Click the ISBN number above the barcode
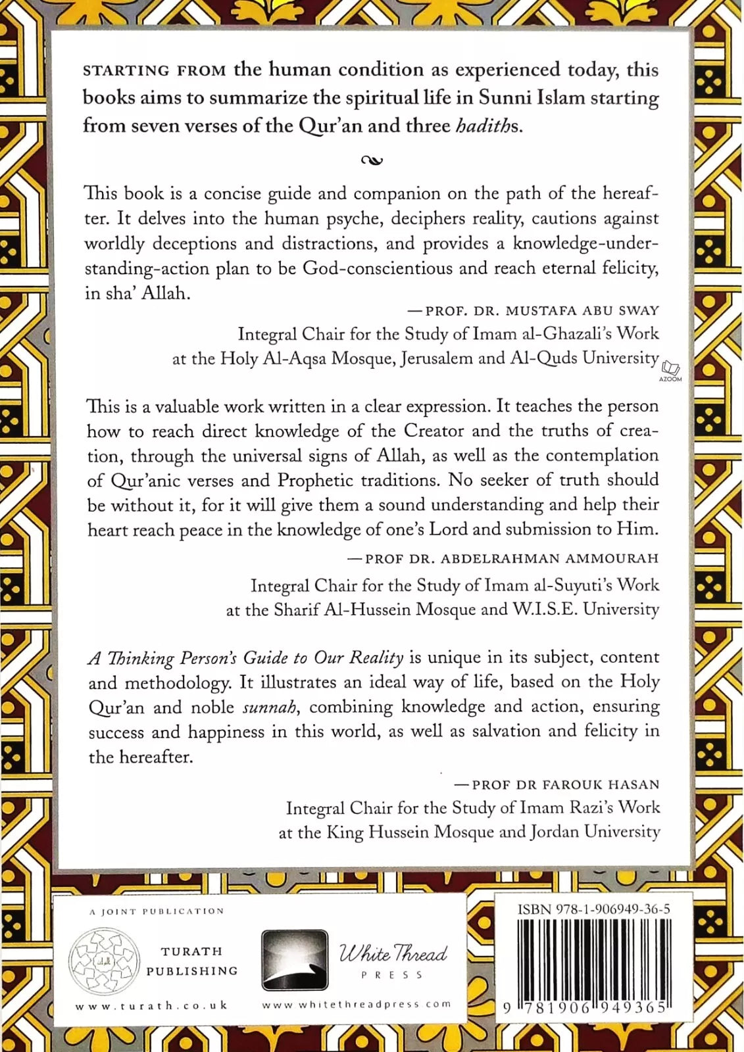pyautogui.click(x=594, y=909)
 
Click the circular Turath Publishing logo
pyautogui.click(x=105, y=960)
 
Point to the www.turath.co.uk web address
pyautogui.click(x=151, y=1005)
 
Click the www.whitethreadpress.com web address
pyautogui.click(x=357, y=1004)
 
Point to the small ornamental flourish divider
pyautogui.click(x=372, y=160)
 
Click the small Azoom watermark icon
pyautogui.click(x=670, y=370)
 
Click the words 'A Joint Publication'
pyautogui.click(x=157, y=911)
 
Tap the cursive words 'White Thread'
pyautogui.click(x=393, y=953)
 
